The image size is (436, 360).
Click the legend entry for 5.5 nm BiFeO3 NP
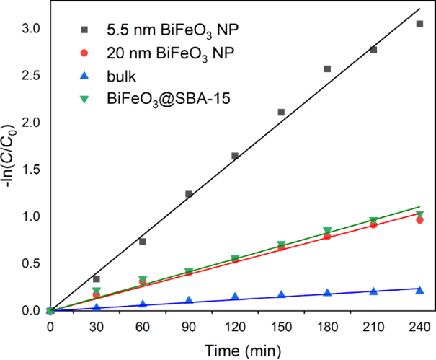[x=144, y=31]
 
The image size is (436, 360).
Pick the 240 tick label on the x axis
[x=419, y=325]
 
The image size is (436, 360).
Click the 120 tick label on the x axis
[x=235, y=325]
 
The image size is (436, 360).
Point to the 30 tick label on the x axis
[x=97, y=325]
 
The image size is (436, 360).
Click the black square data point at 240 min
[x=419, y=24]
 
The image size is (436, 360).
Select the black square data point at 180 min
[x=327, y=69]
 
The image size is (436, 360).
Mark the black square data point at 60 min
[x=143, y=242]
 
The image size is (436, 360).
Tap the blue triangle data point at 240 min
[x=419, y=290]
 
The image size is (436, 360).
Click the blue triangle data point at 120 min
[x=235, y=297]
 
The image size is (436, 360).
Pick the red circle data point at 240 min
[x=419, y=219]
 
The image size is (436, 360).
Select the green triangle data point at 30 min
[x=97, y=291]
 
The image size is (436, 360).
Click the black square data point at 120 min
[x=235, y=156]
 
